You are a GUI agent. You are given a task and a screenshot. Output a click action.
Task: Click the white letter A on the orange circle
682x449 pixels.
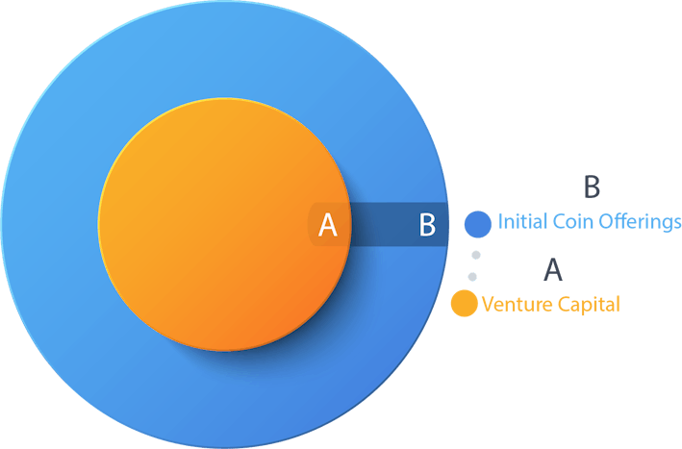coord(328,225)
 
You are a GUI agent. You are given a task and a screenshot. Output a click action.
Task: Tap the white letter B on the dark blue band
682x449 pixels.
coord(428,225)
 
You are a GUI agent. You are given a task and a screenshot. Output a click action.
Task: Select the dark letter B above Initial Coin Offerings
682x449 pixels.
coord(592,186)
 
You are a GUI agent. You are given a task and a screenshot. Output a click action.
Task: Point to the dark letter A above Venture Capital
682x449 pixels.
coord(553,269)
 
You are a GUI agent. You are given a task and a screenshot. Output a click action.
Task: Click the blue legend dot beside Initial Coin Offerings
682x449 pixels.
coord(478,224)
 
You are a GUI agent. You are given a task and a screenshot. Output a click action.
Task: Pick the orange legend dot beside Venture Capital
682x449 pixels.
coord(465,304)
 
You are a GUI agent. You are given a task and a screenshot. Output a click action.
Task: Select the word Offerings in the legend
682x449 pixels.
coord(639,223)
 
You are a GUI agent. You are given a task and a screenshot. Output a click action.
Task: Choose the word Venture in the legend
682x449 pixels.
coord(514,304)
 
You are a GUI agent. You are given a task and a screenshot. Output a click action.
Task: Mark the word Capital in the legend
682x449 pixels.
coord(586,305)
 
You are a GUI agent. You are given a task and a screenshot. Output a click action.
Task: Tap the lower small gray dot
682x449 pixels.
coord(471,277)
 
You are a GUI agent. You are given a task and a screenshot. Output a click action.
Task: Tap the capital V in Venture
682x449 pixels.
coord(487,304)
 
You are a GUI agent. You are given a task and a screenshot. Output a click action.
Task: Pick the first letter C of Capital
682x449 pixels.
coord(558,304)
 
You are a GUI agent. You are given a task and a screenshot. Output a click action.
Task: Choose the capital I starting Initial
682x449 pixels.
coord(500,222)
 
